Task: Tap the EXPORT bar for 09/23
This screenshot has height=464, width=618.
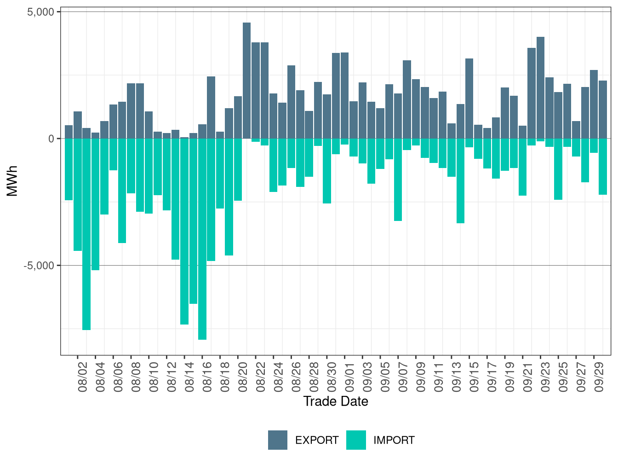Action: pos(540,87)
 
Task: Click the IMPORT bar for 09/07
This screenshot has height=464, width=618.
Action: pos(398,180)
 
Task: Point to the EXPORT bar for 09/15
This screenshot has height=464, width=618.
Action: pos(469,99)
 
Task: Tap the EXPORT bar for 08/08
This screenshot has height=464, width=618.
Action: pos(131,110)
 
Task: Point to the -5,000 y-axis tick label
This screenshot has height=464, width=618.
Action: pos(39,266)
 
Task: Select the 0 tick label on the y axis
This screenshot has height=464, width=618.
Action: pos(51,139)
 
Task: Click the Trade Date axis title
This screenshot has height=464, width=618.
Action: pos(336,401)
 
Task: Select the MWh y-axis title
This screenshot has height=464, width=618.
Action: pos(12,181)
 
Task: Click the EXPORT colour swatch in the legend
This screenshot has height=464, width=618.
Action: pos(278,440)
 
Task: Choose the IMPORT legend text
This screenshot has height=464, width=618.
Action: pos(394,441)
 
